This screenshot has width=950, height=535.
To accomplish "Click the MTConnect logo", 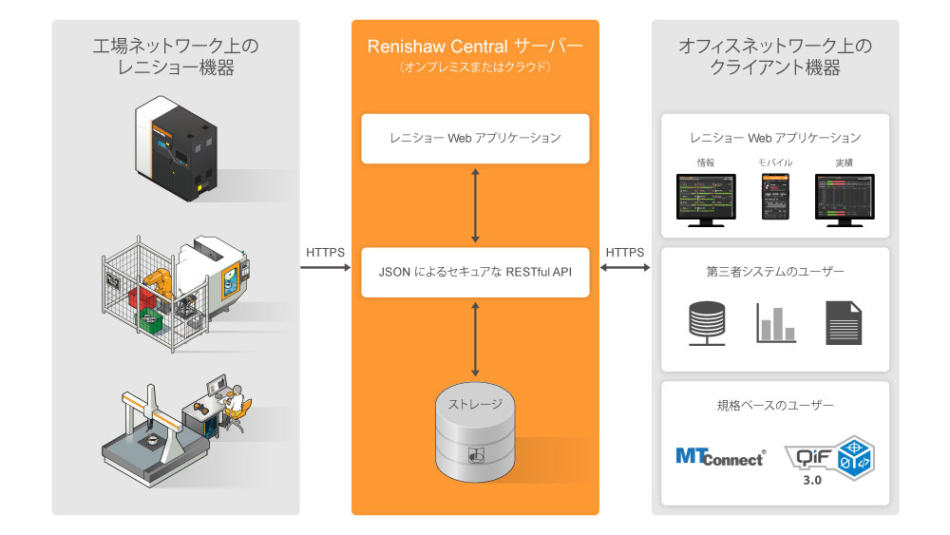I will coord(720,456).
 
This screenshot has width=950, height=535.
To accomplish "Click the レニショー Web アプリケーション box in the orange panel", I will coord(475,138).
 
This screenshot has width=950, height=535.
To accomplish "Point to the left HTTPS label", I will coord(326,253).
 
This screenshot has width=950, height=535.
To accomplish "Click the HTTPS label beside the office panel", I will coord(625,253).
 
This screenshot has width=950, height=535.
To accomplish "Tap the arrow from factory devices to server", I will coord(326,268).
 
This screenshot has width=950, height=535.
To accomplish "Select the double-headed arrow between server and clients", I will coord(625,268).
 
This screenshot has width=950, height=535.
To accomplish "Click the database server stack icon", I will coord(705,322).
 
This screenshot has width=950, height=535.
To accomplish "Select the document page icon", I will coord(844,322).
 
